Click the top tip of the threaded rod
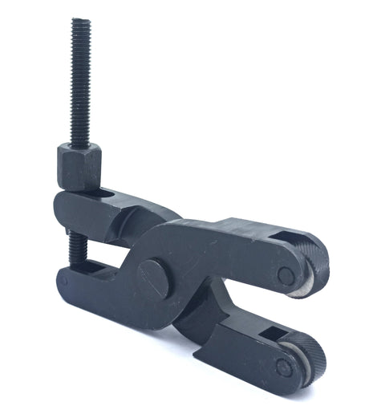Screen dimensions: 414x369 [x=79, y=22]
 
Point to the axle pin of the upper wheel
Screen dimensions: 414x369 [x=285, y=275]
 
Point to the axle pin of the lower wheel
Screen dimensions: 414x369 [x=282, y=367]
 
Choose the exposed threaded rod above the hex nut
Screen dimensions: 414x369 [x=80, y=80]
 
